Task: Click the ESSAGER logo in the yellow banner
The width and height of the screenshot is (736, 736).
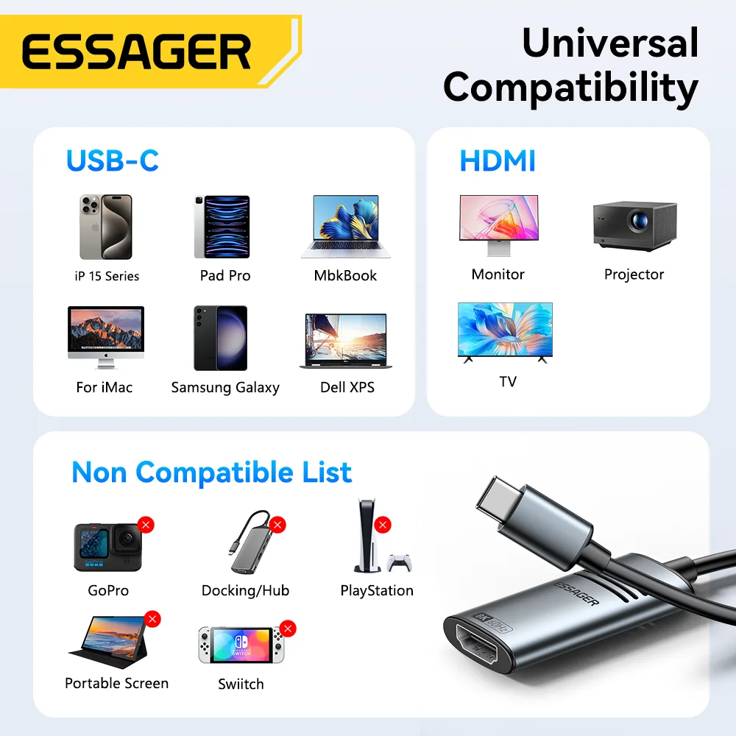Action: pyautogui.click(x=136, y=52)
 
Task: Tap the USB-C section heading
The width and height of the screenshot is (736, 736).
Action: pyautogui.click(x=112, y=160)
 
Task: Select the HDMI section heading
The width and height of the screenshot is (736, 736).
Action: pyautogui.click(x=498, y=160)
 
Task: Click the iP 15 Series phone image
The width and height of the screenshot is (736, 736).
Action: pyautogui.click(x=105, y=227)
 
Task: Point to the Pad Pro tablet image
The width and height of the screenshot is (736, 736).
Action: pyautogui.click(x=222, y=227)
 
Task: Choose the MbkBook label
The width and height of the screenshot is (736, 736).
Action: pyautogui.click(x=345, y=276)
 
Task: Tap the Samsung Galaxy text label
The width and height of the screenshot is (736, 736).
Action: pyautogui.click(x=225, y=387)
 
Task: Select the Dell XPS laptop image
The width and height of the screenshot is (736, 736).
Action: pyautogui.click(x=345, y=341)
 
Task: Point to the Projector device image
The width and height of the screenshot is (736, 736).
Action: pyautogui.click(x=634, y=224)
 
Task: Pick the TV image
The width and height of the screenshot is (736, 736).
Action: pyautogui.click(x=505, y=332)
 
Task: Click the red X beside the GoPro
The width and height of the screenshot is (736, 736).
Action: pyautogui.click(x=146, y=525)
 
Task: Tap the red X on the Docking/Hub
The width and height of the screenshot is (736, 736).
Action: pyautogui.click(x=277, y=525)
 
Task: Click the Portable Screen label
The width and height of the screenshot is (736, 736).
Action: pyautogui.click(x=116, y=683)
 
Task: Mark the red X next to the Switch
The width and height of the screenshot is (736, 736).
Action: pyautogui.click(x=288, y=629)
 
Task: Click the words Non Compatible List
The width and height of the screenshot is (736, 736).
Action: pyautogui.click(x=211, y=473)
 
